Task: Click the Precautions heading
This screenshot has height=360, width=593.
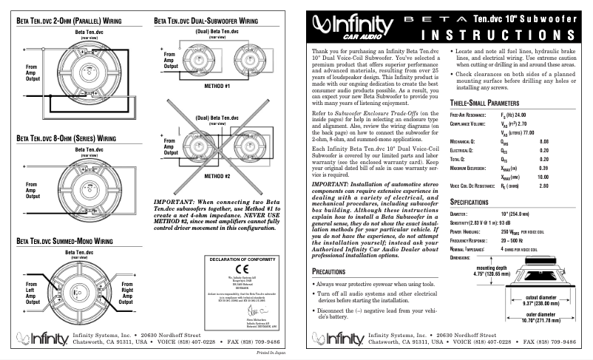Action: (x=333, y=272)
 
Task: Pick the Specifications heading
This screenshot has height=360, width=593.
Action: (x=479, y=201)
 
